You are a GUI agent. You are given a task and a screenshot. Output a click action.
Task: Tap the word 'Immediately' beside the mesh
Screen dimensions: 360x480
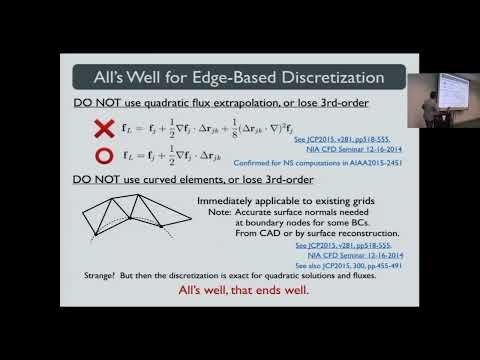click(222, 202)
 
